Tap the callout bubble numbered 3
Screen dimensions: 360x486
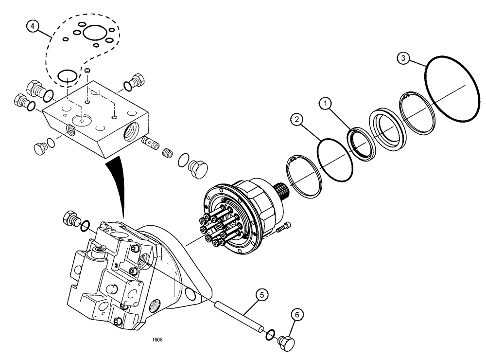(x=402, y=58)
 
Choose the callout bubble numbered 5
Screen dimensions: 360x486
(x=261, y=295)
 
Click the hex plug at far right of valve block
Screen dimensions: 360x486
(x=198, y=169)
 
